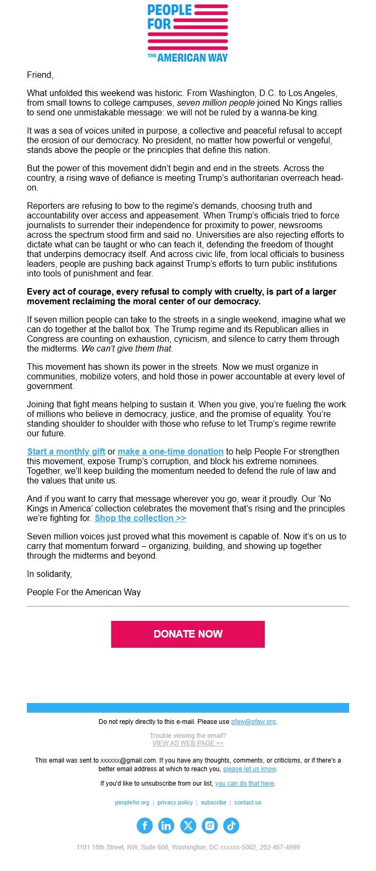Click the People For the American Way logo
coord(187,33)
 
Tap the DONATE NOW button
coord(187,634)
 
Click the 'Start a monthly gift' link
coord(66,451)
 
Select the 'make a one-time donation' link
coord(170,451)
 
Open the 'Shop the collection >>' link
coord(140,518)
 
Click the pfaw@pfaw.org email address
coord(254,722)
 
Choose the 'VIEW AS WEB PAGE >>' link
coord(187,743)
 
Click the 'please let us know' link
coord(249,769)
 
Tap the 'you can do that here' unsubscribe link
coord(244,784)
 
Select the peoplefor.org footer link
coord(132,802)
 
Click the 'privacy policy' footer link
coord(175,802)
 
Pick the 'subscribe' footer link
coord(213,802)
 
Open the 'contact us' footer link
coord(248,802)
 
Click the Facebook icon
coord(144,825)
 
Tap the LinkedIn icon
coord(166,825)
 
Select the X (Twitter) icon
coord(188,825)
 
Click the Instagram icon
coord(209,825)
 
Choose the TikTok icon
coord(231,825)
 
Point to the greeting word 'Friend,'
coord(40,75)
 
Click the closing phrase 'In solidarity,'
coord(49,574)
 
